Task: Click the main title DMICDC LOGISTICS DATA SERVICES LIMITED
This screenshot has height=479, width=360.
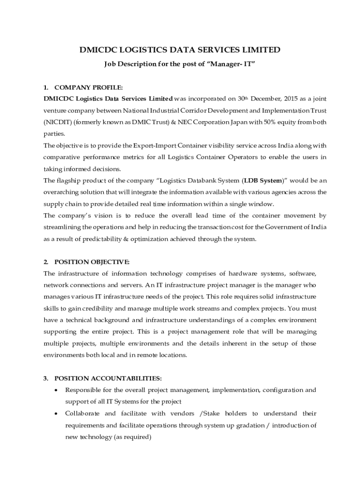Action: click(x=180, y=50)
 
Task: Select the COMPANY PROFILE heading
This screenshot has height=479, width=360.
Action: click(x=89, y=87)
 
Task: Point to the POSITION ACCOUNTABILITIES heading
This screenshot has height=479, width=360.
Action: click(x=108, y=378)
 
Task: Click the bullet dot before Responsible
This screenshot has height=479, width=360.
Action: click(x=57, y=390)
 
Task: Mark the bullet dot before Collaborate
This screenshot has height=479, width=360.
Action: click(x=57, y=414)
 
